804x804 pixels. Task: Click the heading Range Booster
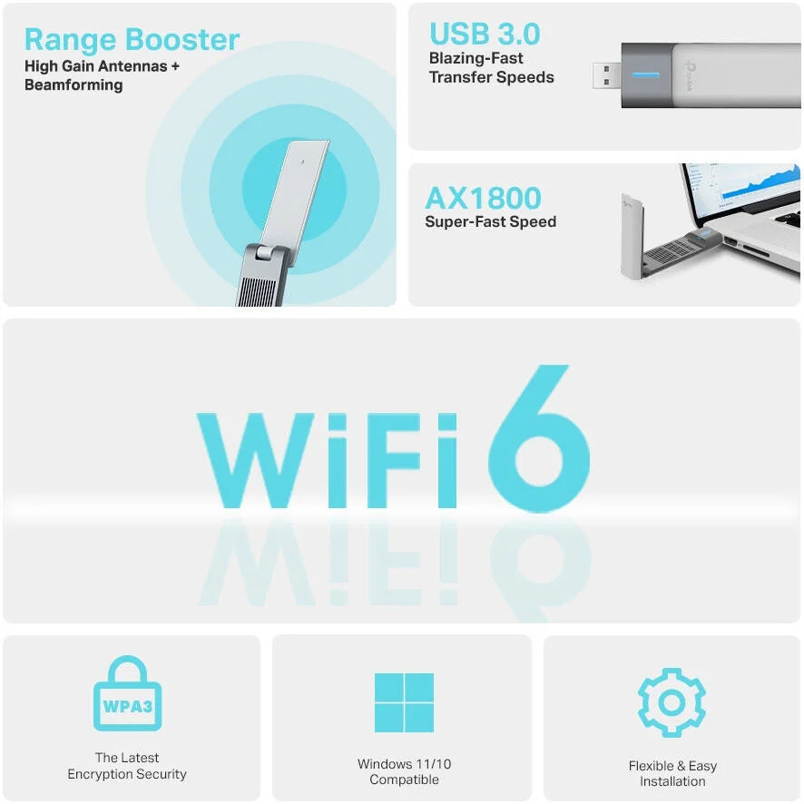point(132,40)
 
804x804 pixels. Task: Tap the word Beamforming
point(74,85)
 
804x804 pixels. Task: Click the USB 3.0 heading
point(485,34)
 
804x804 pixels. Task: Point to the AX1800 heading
point(483,198)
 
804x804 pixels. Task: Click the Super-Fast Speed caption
point(490,221)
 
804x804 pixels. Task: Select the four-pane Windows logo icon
point(404,702)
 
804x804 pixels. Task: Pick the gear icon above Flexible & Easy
point(672,702)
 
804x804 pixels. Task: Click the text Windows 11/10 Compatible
point(404,772)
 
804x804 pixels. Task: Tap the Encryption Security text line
point(127,774)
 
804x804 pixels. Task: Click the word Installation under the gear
point(672,781)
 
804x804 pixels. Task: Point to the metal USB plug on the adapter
point(607,74)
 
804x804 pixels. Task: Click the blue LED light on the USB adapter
point(646,74)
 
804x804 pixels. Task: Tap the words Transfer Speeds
point(491,77)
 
